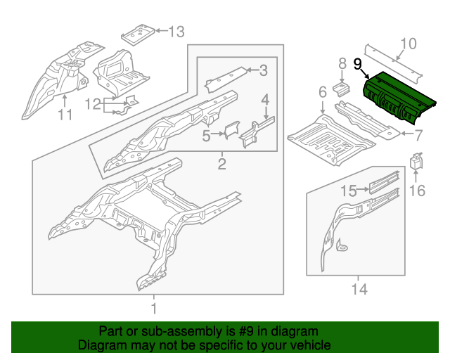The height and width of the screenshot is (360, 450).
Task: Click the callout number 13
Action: click(176, 31)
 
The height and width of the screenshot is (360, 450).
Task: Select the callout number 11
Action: click(65, 115)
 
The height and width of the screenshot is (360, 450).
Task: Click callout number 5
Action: click(206, 135)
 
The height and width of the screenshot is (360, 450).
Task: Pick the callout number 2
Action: click(221, 165)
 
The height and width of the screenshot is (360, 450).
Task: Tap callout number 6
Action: click(322, 92)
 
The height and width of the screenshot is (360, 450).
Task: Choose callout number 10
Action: click(408, 44)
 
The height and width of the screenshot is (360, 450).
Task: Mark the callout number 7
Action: click(418, 134)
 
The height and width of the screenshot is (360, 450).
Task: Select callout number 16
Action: click(417, 190)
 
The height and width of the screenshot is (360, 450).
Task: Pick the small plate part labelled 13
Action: click(139, 32)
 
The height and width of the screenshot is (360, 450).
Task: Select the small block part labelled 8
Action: click(341, 88)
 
